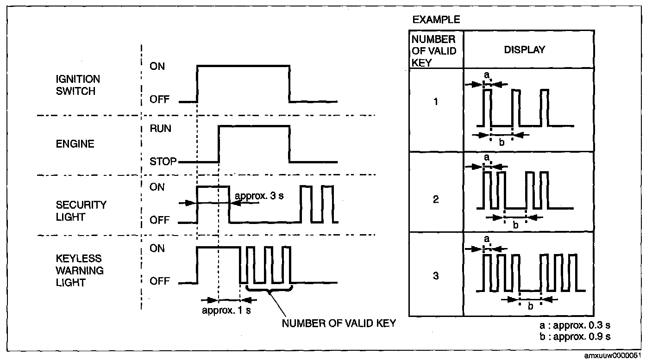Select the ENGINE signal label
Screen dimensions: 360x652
75,144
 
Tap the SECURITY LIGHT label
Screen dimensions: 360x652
81,211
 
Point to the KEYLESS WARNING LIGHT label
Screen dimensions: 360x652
78,270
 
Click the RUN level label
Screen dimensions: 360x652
160,129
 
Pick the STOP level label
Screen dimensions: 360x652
163,162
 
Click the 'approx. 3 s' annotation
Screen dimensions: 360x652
259,195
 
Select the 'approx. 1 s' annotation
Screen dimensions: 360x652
226,310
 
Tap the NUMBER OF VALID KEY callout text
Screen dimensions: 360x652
339,323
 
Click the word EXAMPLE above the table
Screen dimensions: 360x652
436,19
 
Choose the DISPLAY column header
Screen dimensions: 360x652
525,50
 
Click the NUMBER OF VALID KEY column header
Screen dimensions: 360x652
434,50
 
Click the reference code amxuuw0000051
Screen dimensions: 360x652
612,356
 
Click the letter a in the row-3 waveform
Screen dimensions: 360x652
487,239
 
